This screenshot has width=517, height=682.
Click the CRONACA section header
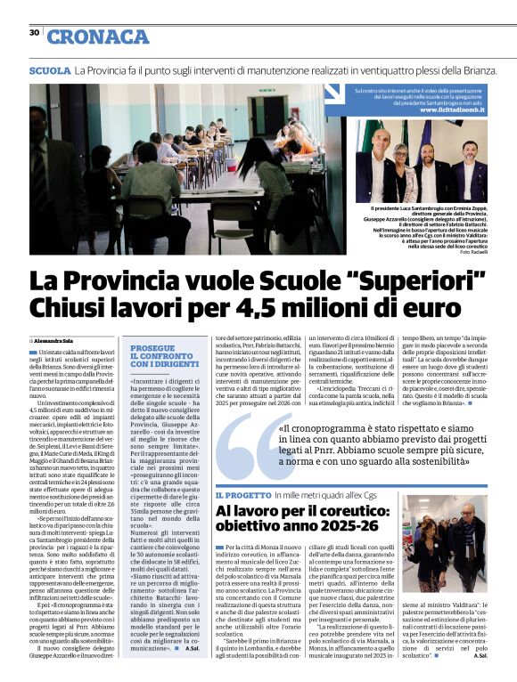click(x=97, y=36)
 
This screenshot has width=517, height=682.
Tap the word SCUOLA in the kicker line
click(x=49, y=70)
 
